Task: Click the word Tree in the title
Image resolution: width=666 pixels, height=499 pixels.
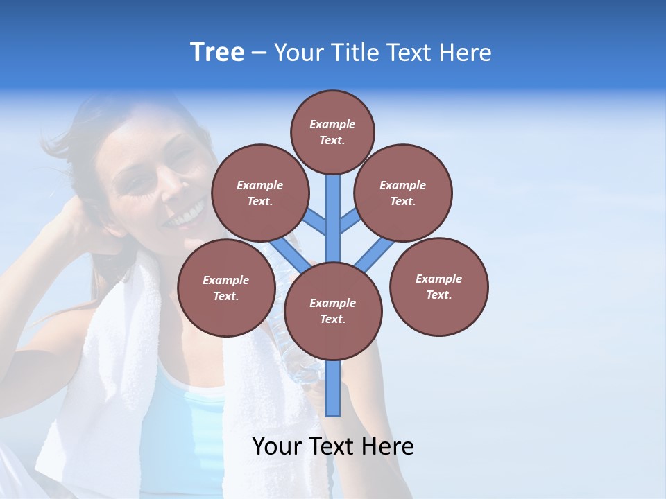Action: [x=217, y=52]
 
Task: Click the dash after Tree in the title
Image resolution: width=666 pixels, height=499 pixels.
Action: [x=259, y=53]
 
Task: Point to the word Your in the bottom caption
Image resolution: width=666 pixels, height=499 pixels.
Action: [x=278, y=446]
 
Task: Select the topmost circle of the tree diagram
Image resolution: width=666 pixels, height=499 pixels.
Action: [x=332, y=132]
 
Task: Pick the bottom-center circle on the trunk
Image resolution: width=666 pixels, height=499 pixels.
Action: [x=333, y=311]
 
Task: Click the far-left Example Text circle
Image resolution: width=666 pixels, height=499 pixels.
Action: [x=226, y=288]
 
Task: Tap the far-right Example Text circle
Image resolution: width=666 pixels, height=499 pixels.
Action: [x=438, y=286]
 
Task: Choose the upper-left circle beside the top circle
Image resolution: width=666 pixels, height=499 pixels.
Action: [x=260, y=193]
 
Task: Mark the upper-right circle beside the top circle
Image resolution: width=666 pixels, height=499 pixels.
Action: [x=403, y=193]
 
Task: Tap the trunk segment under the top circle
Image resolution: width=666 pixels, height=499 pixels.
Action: [x=333, y=208]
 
